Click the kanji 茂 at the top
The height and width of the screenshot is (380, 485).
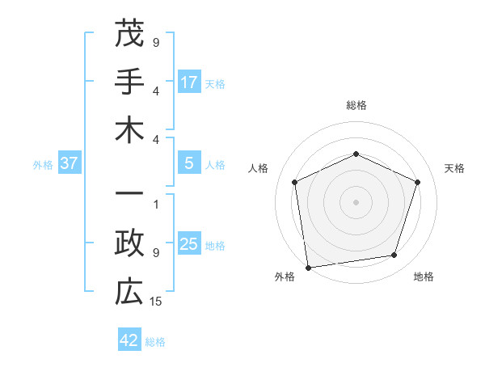click(129, 34)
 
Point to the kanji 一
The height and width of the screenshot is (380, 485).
click(129, 194)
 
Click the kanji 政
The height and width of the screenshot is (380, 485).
click(129, 244)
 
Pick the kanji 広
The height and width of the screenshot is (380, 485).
click(129, 293)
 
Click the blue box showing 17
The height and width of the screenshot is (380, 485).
click(189, 82)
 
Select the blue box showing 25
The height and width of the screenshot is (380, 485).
click(189, 245)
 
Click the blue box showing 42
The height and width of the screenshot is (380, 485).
click(129, 341)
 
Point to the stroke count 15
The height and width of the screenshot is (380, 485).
click(157, 302)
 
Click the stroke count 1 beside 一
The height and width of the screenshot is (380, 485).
click(156, 203)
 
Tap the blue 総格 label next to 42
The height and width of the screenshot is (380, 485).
click(155, 342)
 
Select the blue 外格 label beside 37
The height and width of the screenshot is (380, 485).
click(43, 165)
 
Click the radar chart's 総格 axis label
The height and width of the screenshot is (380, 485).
click(356, 106)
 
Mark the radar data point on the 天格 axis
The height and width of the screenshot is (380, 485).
click(418, 182)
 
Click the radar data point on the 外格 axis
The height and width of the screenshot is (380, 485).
click(308, 266)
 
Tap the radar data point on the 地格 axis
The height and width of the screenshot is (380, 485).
click(394, 255)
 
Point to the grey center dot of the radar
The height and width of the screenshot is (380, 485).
click(356, 201)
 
